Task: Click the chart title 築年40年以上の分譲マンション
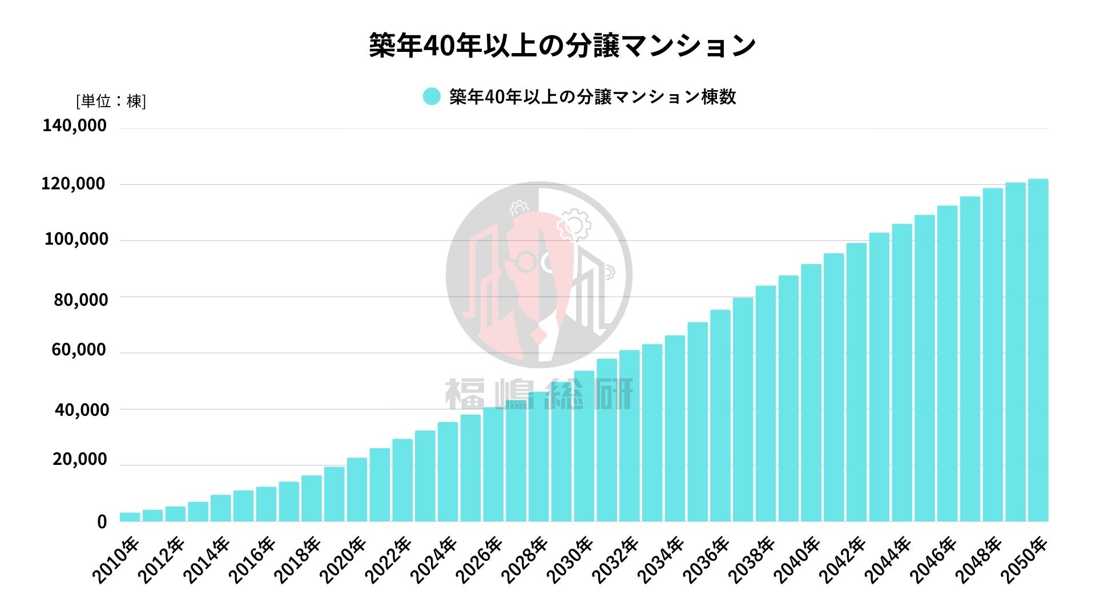(x=562, y=46)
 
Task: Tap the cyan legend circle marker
(x=432, y=96)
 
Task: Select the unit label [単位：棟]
(x=111, y=102)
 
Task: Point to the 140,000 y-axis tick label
(x=74, y=125)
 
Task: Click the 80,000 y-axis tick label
(x=80, y=299)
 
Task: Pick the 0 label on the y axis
(x=102, y=521)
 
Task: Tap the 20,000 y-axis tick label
(x=80, y=459)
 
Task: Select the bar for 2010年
(x=130, y=517)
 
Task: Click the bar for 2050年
(x=1038, y=350)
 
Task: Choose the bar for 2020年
(x=357, y=489)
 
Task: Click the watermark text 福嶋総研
(x=539, y=394)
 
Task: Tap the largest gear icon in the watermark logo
(x=574, y=225)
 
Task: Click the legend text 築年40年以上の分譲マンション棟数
(x=593, y=97)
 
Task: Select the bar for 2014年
(x=221, y=508)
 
